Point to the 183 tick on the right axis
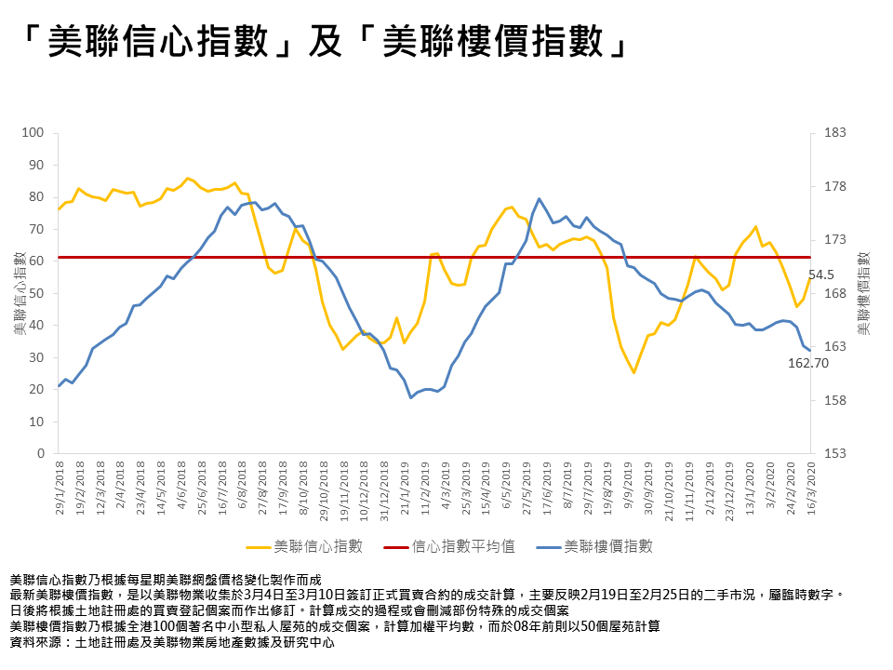click(x=833, y=133)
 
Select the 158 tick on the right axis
click(x=833, y=400)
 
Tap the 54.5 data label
click(x=821, y=275)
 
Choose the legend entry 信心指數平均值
click(x=463, y=546)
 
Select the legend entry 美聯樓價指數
click(x=607, y=546)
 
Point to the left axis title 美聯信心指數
click(x=18, y=293)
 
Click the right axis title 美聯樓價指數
click(x=863, y=293)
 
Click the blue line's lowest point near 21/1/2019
click(x=411, y=397)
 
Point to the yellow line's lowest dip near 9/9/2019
click(x=633, y=372)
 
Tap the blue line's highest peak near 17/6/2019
click(x=540, y=198)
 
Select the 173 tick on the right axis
click(x=833, y=240)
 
